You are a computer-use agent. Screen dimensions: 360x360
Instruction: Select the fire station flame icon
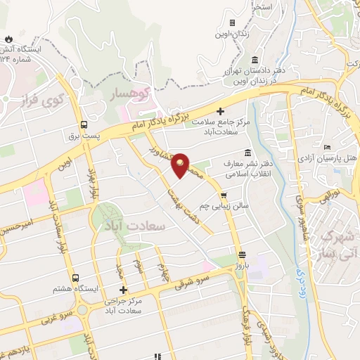8,37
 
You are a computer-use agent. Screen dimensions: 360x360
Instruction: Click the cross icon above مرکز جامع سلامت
221,110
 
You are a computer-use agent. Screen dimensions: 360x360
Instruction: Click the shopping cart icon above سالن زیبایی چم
224,195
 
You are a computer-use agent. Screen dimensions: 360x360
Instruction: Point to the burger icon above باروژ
242,254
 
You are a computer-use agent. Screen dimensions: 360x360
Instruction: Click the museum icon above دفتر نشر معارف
247,153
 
